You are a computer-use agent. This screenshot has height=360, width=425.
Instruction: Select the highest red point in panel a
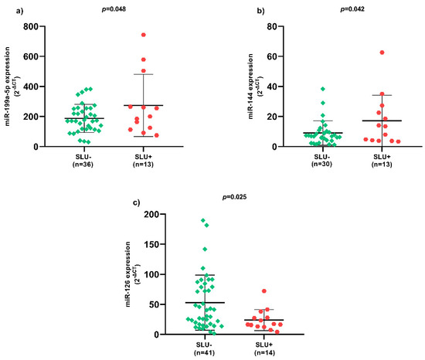[142, 35]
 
